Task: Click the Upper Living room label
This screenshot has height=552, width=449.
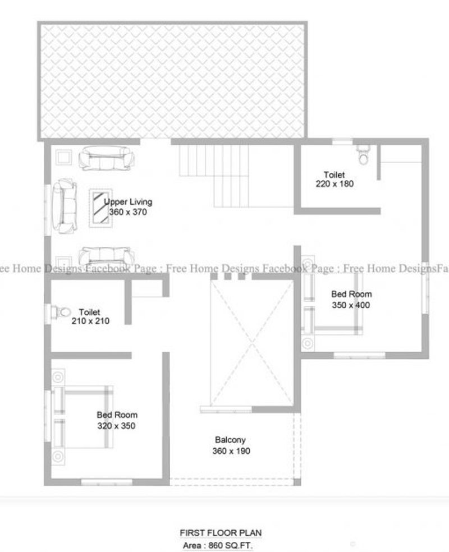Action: coord(128,202)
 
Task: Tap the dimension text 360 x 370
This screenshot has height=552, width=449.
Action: coord(128,212)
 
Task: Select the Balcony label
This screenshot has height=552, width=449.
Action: coord(230,440)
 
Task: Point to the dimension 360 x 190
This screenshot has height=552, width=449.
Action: coord(231,451)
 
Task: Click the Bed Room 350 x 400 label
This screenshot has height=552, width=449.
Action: coord(351,300)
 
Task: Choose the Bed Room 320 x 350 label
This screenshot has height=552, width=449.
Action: coord(117,420)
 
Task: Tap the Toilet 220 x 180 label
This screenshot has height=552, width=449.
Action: coord(335,179)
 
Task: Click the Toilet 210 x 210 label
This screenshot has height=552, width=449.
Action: coord(90,316)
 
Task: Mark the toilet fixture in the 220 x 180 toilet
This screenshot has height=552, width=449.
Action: coord(363,155)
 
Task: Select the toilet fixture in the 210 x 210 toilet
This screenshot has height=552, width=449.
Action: coord(61,312)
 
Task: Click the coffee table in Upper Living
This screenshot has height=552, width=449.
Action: coord(100,208)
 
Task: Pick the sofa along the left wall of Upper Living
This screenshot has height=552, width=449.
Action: coord(65,206)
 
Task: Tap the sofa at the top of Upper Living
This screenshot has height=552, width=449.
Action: coord(106,158)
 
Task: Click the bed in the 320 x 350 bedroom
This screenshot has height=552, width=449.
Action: coord(83,417)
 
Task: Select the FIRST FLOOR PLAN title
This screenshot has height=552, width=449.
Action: coord(221,533)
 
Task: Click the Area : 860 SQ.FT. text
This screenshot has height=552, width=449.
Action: coord(218,546)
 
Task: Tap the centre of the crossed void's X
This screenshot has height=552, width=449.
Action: coord(252,343)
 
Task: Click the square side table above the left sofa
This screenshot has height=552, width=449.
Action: coord(64,157)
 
